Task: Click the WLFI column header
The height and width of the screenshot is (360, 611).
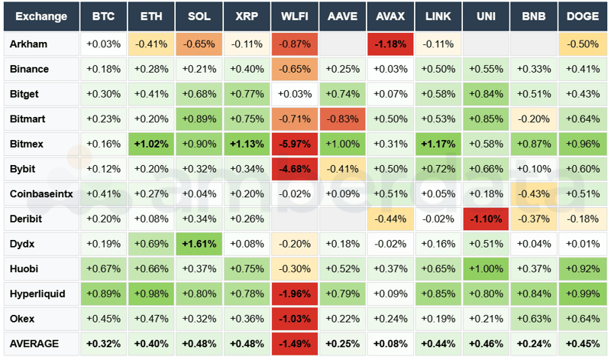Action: pyautogui.click(x=295, y=16)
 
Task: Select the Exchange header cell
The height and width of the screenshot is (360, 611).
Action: pyautogui.click(x=40, y=16)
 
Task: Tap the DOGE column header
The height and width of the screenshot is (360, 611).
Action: pyautogui.click(x=582, y=16)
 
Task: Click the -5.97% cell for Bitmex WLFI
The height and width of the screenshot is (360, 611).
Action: pyautogui.click(x=295, y=143)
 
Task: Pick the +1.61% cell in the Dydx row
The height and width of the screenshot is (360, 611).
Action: pyautogui.click(x=199, y=244)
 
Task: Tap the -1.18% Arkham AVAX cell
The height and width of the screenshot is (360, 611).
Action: pyautogui.click(x=390, y=44)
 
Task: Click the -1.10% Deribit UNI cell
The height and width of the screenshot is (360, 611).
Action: pyautogui.click(x=486, y=219)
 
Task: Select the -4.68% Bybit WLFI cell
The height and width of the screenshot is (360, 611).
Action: pyautogui.click(x=295, y=168)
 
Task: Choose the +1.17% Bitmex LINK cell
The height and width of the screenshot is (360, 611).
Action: pyautogui.click(x=438, y=143)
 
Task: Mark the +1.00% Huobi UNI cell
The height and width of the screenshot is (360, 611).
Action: pyautogui.click(x=486, y=268)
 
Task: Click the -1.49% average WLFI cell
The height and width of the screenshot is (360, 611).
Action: pyautogui.click(x=295, y=343)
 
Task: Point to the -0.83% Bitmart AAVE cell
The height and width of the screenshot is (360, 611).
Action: pyautogui.click(x=342, y=118)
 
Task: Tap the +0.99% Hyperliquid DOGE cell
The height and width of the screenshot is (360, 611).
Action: pyautogui.click(x=582, y=294)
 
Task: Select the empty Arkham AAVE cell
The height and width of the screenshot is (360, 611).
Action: pyautogui.click(x=342, y=44)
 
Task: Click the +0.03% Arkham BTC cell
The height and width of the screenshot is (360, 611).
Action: pyautogui.click(x=103, y=44)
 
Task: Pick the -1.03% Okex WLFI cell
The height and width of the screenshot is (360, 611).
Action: pyautogui.click(x=295, y=319)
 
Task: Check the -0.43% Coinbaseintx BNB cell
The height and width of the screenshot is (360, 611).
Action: pyautogui.click(x=534, y=193)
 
